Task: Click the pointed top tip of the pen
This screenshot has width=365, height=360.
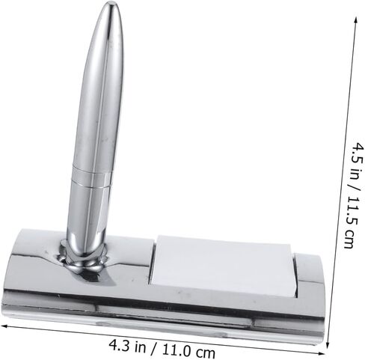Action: (113, 2)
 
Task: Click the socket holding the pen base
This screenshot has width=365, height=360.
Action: (84, 257)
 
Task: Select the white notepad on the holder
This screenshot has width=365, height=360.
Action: (223, 266)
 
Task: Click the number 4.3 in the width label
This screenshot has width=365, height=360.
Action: (118, 344)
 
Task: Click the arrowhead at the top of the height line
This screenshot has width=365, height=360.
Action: (356, 20)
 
